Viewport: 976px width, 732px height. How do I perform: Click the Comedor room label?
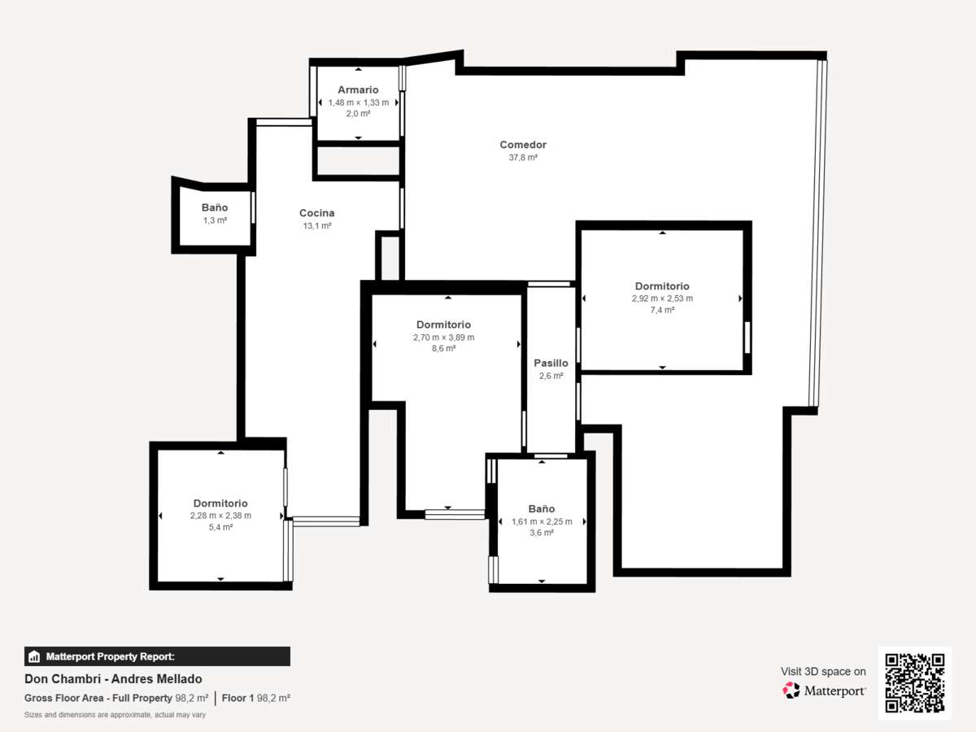[523, 145]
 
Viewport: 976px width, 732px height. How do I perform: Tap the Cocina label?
[316, 213]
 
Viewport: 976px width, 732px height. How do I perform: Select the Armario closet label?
[358, 89]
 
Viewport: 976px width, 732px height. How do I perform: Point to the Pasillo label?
[551, 363]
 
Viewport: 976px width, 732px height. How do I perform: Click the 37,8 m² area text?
[523, 157]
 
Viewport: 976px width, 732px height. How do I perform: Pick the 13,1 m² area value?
[317, 226]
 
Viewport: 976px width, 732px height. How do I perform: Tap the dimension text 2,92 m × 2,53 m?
[662, 298]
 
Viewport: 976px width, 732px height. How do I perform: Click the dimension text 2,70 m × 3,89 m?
[443, 338]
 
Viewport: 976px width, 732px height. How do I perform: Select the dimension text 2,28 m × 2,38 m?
[220, 516]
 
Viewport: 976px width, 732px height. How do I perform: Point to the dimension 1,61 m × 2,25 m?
[542, 521]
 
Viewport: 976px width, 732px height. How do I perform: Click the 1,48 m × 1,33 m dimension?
[359, 102]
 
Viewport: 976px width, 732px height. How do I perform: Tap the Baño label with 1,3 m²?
[215, 207]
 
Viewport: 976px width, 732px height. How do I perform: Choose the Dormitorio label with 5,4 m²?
[220, 503]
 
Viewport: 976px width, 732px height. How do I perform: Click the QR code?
[915, 682]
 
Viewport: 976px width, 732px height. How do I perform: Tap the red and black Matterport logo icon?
[791, 691]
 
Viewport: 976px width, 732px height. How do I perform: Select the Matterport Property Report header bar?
[158, 656]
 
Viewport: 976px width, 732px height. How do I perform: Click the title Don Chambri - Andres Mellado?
[113, 679]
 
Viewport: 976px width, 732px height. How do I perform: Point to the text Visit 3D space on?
[823, 672]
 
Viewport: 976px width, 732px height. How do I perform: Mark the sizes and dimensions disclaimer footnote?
[115, 715]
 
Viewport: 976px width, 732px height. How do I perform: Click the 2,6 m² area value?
[551, 376]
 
